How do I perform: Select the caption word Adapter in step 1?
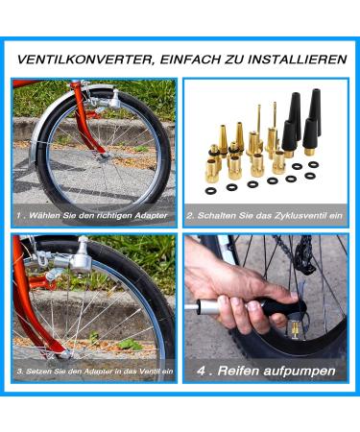tap(151, 216)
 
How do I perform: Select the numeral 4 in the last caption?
tap(202, 371)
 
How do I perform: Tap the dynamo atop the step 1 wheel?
tap(110, 100)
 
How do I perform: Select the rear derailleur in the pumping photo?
tap(303, 252)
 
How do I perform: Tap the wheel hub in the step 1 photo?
tap(105, 156)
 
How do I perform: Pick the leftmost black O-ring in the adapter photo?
tap(210, 191)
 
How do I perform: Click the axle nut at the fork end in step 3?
tap(65, 354)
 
